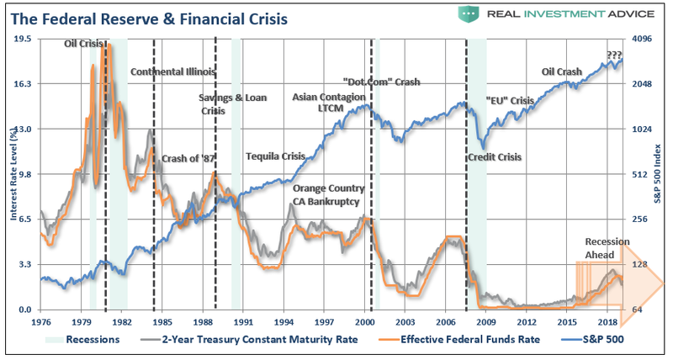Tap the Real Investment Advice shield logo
click(x=469, y=14)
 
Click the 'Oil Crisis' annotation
click(x=87, y=44)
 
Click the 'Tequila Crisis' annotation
click(x=275, y=156)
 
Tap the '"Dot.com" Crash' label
click(x=381, y=82)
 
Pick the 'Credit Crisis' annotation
click(x=494, y=157)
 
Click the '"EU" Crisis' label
click(x=511, y=101)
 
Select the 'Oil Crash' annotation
click(x=562, y=72)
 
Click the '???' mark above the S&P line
click(x=614, y=56)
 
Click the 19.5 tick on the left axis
click(x=24, y=39)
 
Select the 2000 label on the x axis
click(x=365, y=321)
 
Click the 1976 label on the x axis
click(x=40, y=321)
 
